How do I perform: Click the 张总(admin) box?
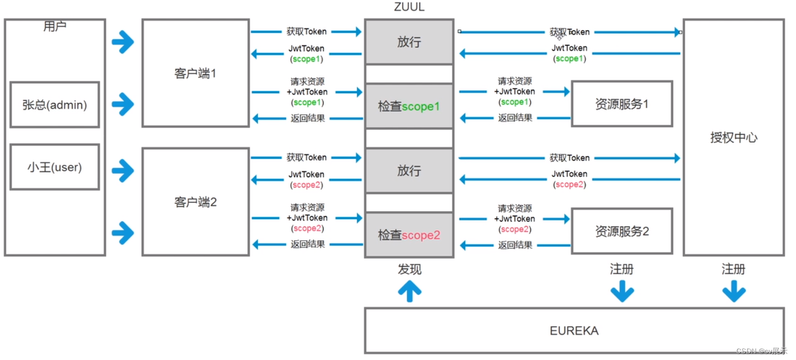point(55,105)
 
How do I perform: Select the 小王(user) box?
point(55,167)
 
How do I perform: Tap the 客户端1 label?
point(195,74)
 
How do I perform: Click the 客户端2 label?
point(195,202)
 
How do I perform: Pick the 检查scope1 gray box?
point(409,106)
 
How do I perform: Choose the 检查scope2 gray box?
point(409,235)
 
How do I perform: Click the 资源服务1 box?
point(622,104)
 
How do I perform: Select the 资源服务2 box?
point(622,231)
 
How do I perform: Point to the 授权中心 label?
point(734,138)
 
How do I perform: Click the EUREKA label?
point(574,330)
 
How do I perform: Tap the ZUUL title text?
point(409,8)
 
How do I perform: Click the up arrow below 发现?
point(409,291)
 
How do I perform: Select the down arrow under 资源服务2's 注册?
point(622,291)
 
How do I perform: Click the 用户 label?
point(55,26)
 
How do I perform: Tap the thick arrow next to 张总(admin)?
point(123,104)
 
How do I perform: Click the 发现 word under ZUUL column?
point(409,270)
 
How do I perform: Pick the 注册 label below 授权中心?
point(733,270)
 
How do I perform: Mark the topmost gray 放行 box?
point(409,42)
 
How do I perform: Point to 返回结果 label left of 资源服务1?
point(515,118)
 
